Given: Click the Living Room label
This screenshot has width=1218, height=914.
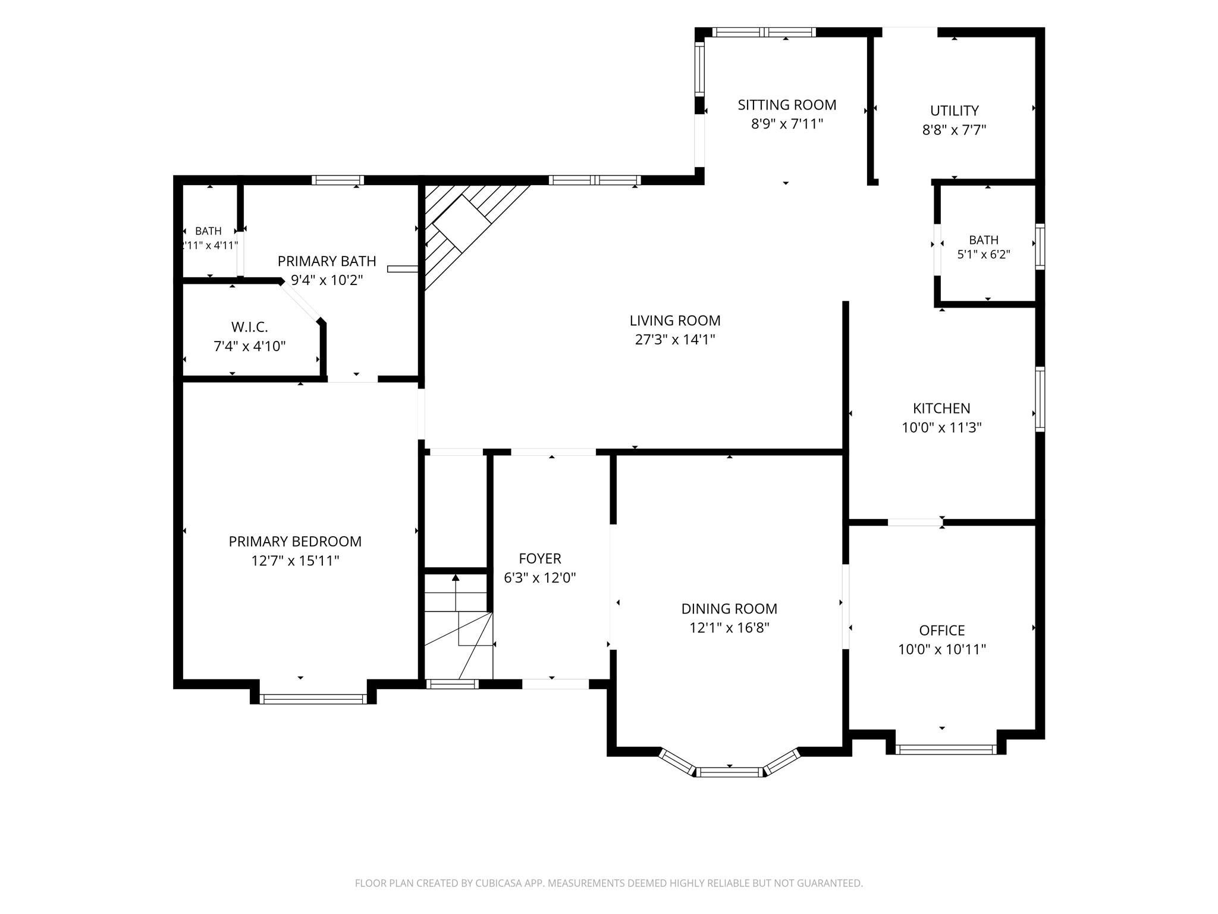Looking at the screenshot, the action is (675, 321).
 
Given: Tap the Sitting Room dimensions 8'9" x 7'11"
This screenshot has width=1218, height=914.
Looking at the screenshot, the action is (787, 124).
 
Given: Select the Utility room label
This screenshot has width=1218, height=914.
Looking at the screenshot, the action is (954, 111).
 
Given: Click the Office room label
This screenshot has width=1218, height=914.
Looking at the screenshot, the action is (941, 630).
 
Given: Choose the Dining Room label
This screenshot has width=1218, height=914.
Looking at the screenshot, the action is (729, 609).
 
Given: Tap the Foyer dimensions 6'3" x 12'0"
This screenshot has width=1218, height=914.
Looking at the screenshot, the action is (540, 578).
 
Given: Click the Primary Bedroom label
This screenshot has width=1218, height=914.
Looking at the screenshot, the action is (295, 541).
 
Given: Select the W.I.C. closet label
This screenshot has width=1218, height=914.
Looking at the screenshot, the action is (250, 327).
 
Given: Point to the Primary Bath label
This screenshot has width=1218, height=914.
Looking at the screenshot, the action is (327, 261).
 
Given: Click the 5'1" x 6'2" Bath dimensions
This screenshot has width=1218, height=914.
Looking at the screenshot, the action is (984, 255).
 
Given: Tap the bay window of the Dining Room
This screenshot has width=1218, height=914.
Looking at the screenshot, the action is (729, 765).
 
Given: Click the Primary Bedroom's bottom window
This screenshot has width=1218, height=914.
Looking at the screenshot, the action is (313, 699).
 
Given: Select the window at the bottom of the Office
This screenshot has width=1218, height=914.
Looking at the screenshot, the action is (946, 749).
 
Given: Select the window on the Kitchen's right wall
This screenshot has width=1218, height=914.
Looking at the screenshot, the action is (1040, 399).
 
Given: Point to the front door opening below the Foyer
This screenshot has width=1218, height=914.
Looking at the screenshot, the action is (555, 684).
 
